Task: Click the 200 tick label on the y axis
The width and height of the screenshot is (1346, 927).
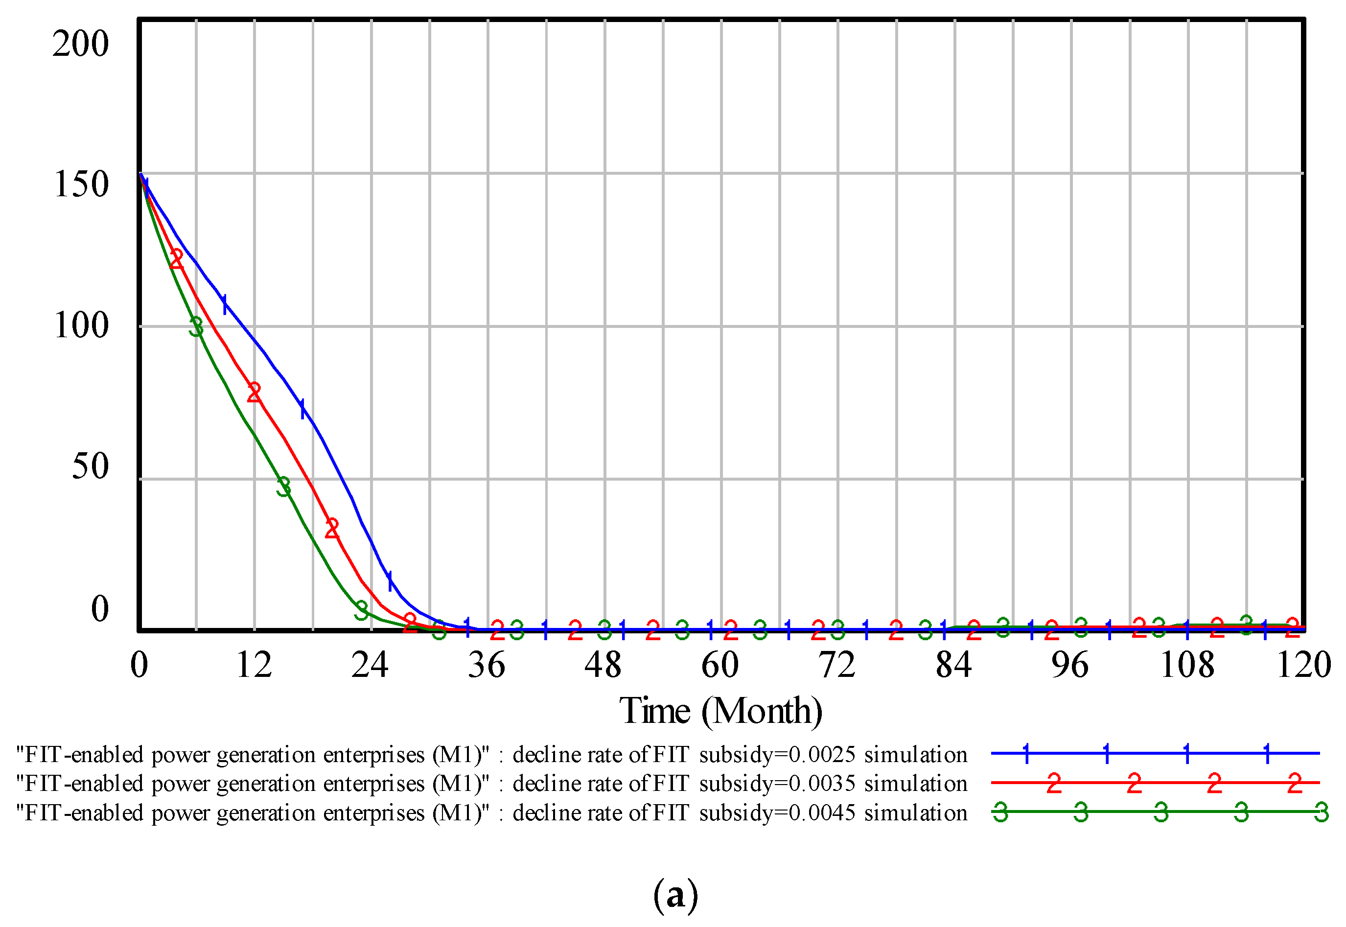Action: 80,44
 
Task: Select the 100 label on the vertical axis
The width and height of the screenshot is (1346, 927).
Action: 81,326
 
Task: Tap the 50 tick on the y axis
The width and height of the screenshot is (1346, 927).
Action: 90,467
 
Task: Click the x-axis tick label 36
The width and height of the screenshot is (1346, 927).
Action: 487,666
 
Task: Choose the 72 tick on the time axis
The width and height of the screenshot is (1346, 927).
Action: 837,666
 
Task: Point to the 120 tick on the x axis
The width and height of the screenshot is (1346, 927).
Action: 1303,666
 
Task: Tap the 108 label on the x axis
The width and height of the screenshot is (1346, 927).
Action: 1187,666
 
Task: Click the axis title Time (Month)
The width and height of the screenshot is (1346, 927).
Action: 720,712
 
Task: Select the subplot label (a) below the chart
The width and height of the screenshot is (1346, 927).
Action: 675,895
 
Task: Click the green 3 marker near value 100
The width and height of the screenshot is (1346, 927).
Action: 196,327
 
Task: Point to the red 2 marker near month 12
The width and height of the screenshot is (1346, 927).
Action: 254,393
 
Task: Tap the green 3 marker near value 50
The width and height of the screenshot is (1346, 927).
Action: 283,487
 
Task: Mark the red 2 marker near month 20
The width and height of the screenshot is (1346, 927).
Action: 331,528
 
